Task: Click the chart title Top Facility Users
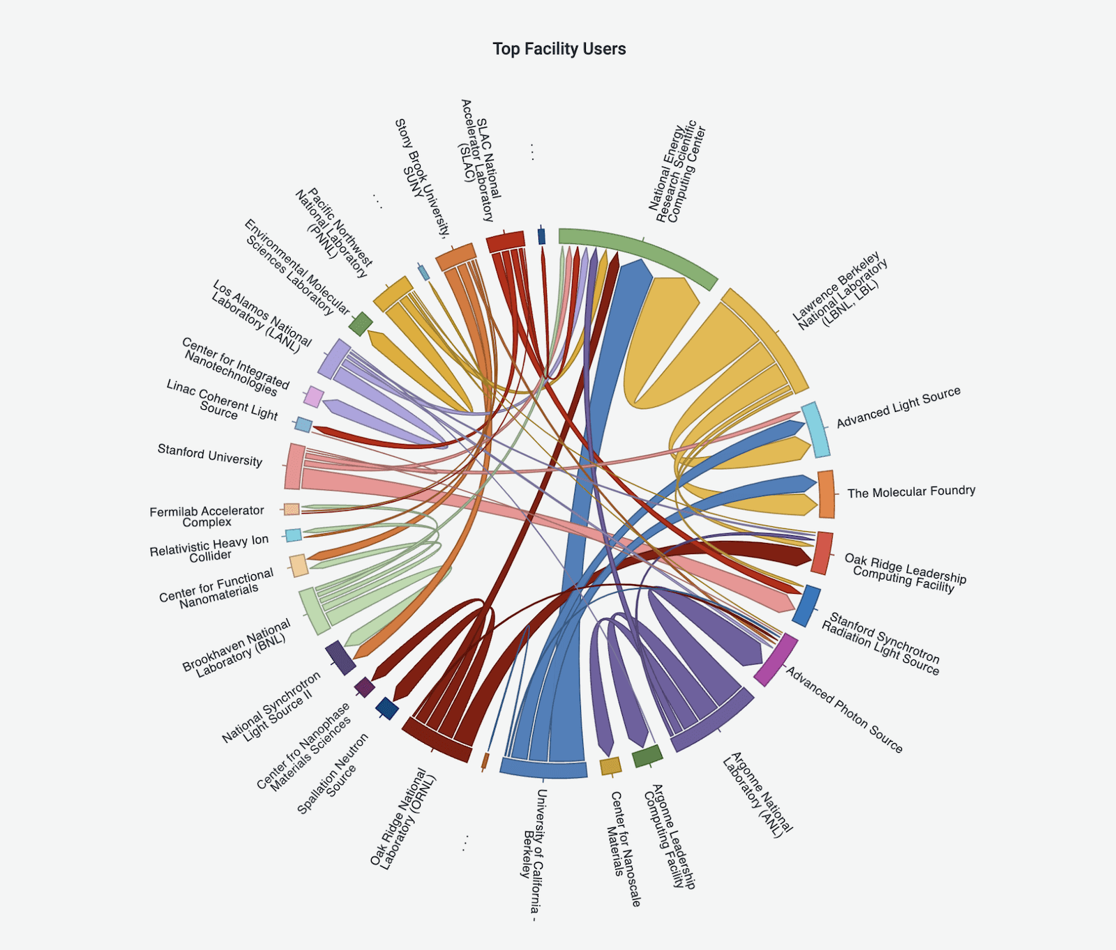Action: (559, 49)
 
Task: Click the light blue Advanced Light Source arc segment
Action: (815, 429)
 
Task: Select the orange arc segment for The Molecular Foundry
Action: (826, 494)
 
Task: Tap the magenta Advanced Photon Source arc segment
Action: (776, 659)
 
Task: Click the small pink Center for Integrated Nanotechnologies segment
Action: (314, 397)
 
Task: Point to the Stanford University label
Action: (210, 455)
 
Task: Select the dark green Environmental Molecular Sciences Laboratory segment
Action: (361, 324)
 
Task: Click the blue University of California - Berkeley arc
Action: (543, 769)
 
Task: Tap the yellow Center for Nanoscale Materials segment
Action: (610, 766)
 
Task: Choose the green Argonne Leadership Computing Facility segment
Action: (647, 756)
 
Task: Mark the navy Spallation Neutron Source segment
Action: (387, 708)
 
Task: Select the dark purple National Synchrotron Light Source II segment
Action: (340, 657)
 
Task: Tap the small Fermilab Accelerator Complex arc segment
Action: (292, 510)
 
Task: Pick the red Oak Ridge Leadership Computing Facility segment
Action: (822, 553)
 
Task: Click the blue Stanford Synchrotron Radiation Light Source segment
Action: (806, 606)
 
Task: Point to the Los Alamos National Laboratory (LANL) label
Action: (261, 317)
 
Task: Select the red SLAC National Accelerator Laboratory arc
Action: (505, 241)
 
